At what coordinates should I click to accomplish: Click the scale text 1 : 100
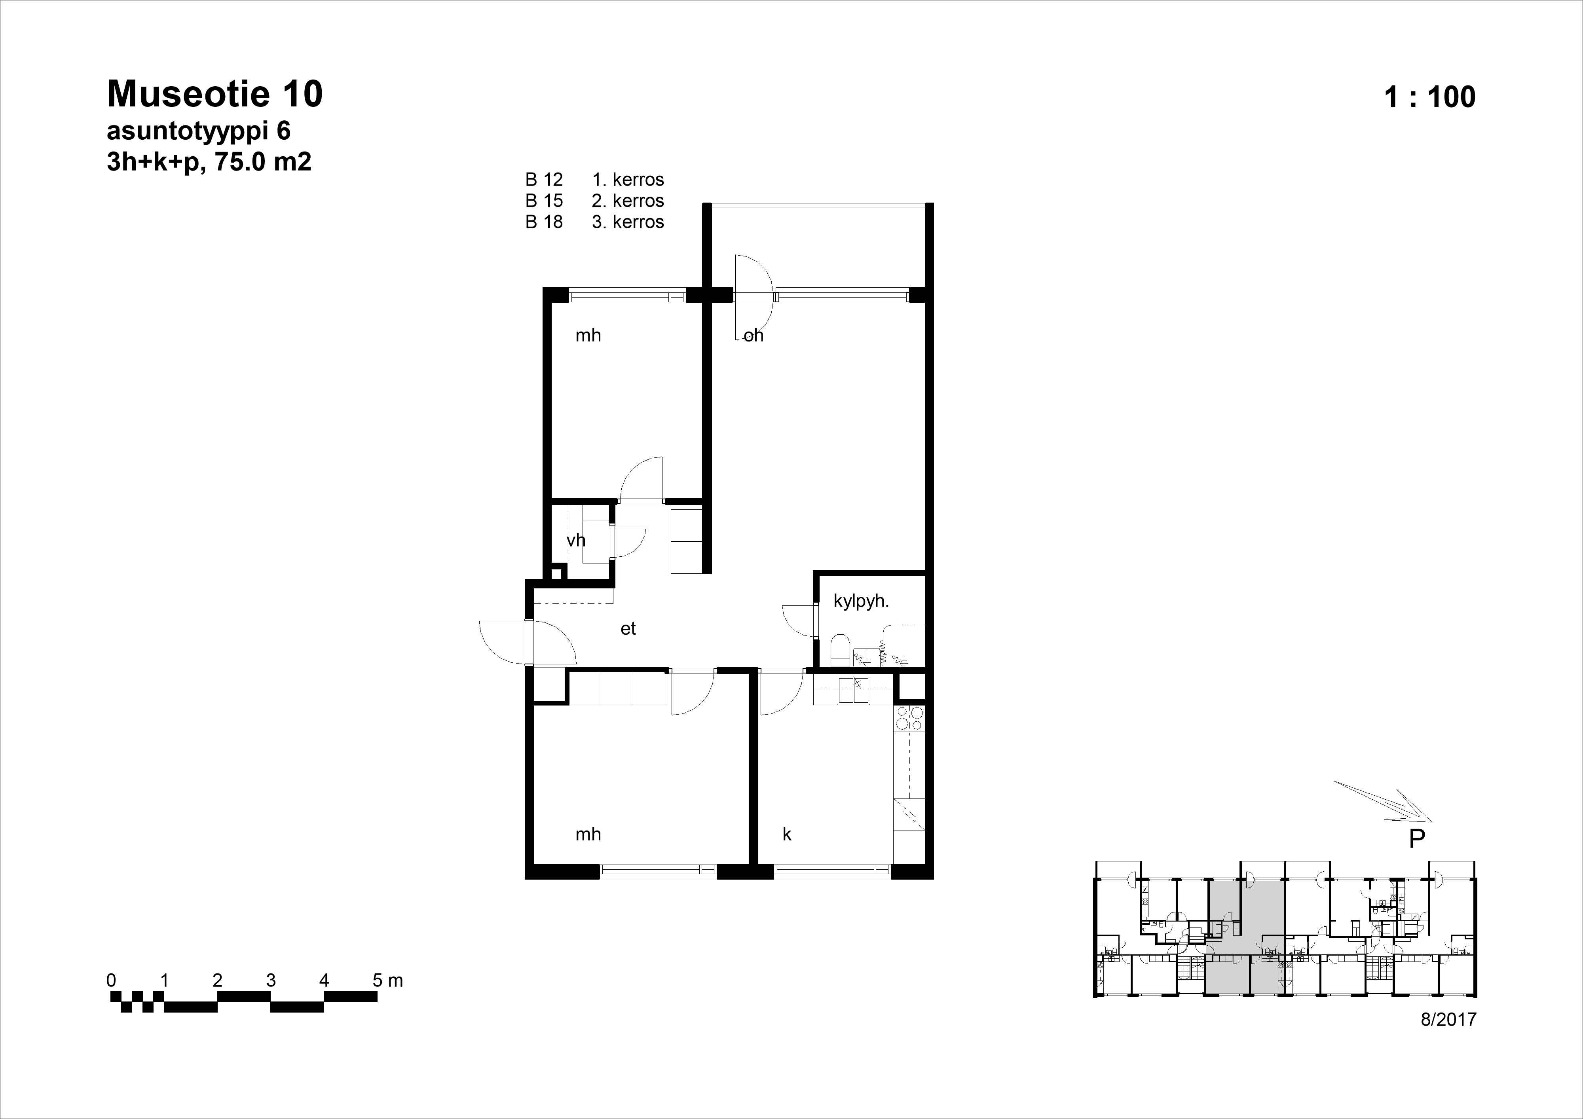(1429, 97)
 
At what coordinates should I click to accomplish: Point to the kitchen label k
(787, 834)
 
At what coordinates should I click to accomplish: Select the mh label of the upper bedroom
(588, 336)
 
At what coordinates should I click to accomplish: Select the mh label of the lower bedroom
(588, 834)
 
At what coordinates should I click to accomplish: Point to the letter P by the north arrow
(1417, 839)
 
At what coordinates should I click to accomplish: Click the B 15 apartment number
(544, 201)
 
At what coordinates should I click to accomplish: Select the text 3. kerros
(627, 222)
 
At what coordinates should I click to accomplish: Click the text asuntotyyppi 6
(199, 131)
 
